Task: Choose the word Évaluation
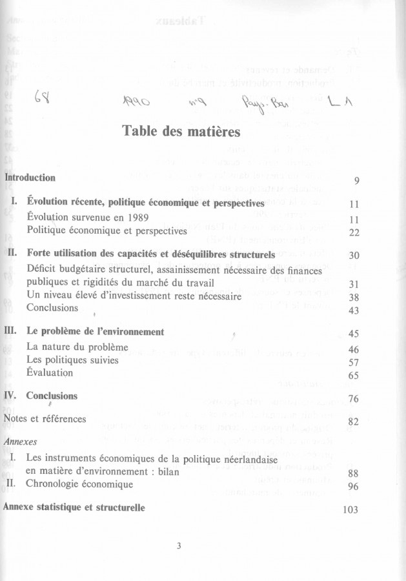click(50, 372)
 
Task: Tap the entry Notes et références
click(45, 419)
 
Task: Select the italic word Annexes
click(19, 442)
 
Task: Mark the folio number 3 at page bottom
click(179, 546)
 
